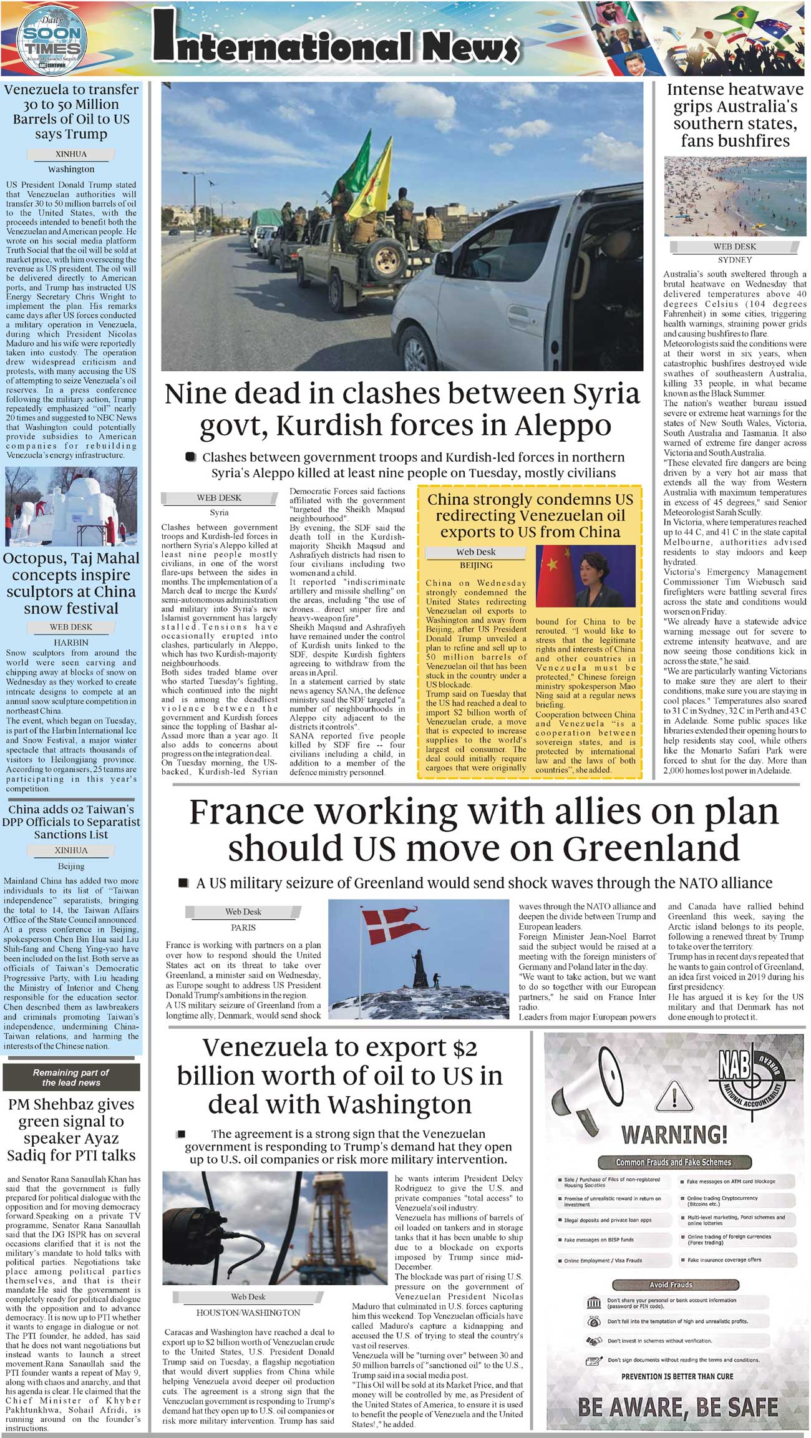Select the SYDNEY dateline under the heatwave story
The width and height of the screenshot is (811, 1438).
point(735,260)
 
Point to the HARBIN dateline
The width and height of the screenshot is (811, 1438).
point(71,642)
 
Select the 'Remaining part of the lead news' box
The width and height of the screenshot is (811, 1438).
point(71,1077)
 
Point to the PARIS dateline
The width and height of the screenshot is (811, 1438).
point(243,928)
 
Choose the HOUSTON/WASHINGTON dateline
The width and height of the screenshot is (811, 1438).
point(248,1313)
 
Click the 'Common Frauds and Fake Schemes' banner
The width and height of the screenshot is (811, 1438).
point(673,1162)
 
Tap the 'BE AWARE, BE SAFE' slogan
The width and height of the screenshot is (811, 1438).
point(677,1407)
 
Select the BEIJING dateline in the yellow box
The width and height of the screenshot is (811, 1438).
point(476,565)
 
